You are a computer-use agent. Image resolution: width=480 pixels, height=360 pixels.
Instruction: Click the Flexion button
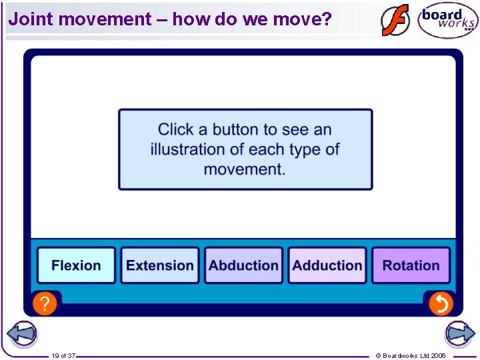coord(76,265)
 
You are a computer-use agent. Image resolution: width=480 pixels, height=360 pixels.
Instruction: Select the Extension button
coord(160,265)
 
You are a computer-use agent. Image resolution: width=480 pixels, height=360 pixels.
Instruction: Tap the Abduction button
coord(243,265)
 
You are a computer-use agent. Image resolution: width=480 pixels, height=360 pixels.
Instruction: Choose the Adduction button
coord(327,265)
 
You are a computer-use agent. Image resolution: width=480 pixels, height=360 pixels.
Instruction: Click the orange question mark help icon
coord(44,304)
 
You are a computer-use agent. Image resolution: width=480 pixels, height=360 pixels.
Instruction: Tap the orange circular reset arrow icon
coord(440,304)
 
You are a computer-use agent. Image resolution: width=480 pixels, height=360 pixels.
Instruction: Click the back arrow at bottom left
coord(21,334)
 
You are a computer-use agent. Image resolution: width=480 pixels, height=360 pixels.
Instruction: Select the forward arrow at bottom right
coord(459,334)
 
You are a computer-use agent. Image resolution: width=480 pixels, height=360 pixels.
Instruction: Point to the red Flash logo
coord(395,20)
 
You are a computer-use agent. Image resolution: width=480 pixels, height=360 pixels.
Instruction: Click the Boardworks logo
coord(447,21)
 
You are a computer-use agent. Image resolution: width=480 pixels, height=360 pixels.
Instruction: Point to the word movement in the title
coord(105,19)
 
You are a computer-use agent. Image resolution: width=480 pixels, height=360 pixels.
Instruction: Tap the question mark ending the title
coord(326,19)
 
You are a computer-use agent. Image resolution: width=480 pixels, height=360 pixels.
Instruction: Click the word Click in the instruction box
coord(176,129)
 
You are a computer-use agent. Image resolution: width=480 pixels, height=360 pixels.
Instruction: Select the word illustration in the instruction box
coord(192,149)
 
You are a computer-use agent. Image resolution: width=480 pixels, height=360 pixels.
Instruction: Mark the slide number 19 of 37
coord(63,356)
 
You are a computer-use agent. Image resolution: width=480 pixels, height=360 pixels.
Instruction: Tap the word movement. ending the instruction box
coord(245,169)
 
